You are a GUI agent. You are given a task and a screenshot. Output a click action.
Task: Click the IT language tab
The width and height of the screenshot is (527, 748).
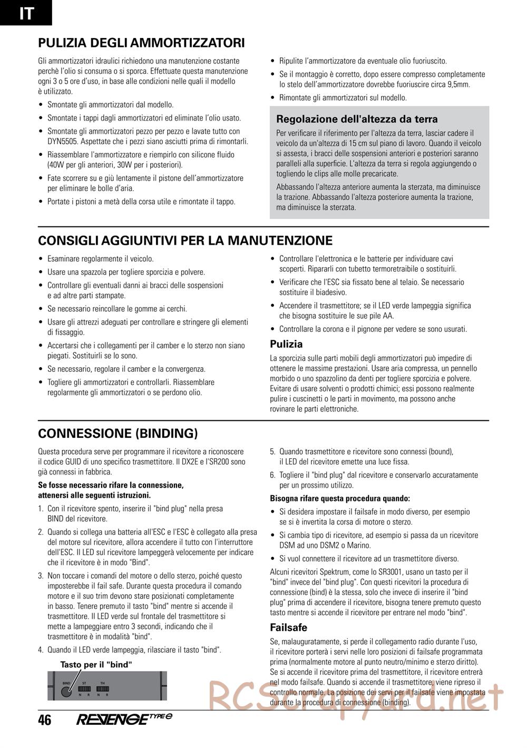pos(26,13)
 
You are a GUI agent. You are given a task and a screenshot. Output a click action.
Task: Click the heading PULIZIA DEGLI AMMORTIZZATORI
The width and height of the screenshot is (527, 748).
pos(141,43)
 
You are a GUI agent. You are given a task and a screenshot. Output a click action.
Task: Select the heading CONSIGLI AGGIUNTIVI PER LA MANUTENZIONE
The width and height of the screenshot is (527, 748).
pos(185,241)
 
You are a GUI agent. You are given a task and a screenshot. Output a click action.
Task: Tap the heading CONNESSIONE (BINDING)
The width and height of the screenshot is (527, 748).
pos(118,434)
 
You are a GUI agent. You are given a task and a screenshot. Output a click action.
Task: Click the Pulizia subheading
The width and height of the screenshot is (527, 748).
pos(286,345)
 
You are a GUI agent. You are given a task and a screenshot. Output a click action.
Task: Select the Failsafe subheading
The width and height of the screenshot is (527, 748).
pos(288,628)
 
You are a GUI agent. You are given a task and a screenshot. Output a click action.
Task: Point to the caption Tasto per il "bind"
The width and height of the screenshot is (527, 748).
pos(96,665)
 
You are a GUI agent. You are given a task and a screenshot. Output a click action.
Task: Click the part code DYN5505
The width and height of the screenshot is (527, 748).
pos(60,142)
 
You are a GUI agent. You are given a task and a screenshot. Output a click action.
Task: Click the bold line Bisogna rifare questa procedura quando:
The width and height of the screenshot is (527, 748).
pos(340,498)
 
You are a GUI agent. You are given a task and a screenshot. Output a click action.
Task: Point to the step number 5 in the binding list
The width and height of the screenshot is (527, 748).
pos(272,451)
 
